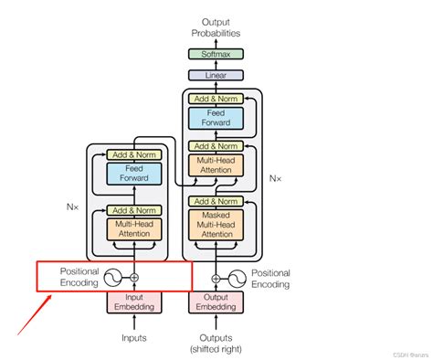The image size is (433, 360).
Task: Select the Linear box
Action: coord(216,76)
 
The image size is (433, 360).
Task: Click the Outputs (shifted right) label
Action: coord(216,343)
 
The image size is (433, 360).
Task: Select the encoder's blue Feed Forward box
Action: coord(133,174)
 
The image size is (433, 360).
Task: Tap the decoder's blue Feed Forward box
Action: coord(216,118)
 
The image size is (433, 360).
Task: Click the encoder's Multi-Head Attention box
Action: coord(133,228)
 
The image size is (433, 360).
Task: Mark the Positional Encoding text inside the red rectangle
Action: coord(79,277)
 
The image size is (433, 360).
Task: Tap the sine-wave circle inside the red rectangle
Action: coord(113,277)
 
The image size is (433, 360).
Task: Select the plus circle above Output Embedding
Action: coord(216,277)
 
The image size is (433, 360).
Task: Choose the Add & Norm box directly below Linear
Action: coord(216,98)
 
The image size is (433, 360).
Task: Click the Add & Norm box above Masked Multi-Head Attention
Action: coord(216,201)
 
